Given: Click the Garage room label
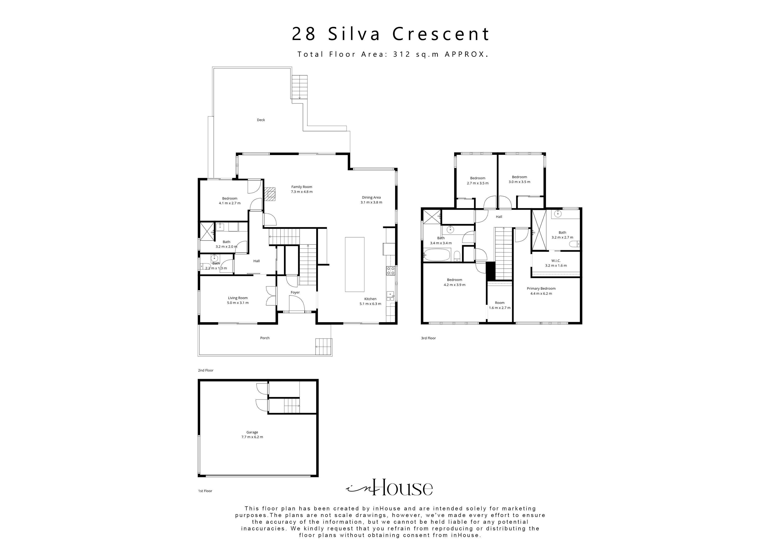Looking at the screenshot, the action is click(x=252, y=432).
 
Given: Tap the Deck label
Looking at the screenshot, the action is click(x=261, y=120).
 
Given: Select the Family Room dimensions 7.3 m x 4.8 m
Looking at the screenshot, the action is click(x=302, y=192).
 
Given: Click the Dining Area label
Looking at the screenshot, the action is click(x=371, y=197).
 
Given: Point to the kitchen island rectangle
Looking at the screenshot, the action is click(x=355, y=264).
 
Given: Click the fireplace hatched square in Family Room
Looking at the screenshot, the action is click(x=271, y=195).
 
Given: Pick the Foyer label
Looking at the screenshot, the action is click(x=295, y=292).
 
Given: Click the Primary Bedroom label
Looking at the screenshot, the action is click(x=541, y=289).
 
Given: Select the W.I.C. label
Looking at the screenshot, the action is click(x=556, y=261).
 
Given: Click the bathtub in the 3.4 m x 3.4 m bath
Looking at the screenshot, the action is click(x=437, y=255).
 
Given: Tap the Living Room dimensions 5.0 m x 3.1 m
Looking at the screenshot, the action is click(x=238, y=303).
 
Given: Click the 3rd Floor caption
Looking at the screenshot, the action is click(x=428, y=338).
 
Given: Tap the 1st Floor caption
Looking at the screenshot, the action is click(x=205, y=491).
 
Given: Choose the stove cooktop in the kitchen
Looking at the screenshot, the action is click(x=390, y=271).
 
